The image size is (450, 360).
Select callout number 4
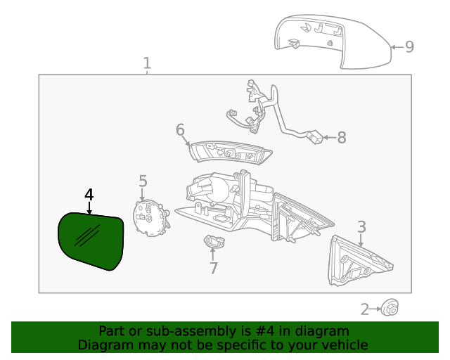click(89, 194)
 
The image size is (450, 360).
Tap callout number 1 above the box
click(147, 64)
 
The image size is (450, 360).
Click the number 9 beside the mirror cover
click(409, 47)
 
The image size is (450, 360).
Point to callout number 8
click(342, 138)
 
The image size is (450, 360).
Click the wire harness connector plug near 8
click(316, 138)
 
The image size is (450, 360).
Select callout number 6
click(180, 130)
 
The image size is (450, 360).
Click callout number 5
click(143, 181)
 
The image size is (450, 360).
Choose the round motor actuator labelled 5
click(148, 217)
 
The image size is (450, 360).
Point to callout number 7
click(213, 269)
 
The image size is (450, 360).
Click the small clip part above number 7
click(213, 242)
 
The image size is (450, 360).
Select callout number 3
click(361, 226)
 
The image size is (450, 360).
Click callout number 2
click(365, 309)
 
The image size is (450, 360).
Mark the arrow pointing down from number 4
click(89, 207)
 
